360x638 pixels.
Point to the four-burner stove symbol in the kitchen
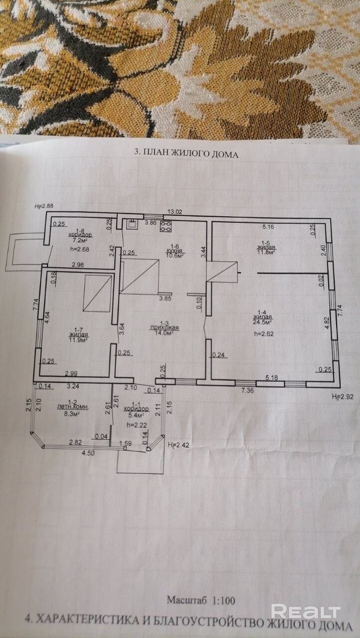point(166,227)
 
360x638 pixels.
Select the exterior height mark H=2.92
point(342,397)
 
